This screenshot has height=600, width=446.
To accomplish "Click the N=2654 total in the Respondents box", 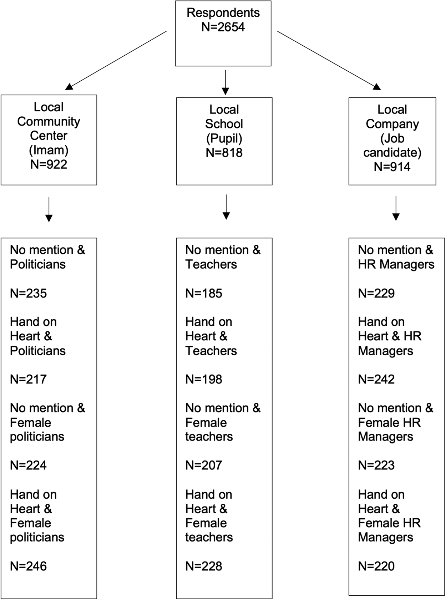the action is [223, 27].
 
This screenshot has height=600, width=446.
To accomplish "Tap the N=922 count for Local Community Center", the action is [49, 164].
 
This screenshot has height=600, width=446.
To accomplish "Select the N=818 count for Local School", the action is [224, 153].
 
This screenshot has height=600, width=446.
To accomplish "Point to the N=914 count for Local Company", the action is [392, 167].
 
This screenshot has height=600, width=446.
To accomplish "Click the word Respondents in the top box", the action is [223, 13].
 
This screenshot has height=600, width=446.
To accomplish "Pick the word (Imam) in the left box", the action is [49, 150].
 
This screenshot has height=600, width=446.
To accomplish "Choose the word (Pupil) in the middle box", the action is [224, 138].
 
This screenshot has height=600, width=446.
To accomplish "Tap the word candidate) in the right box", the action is [392, 153].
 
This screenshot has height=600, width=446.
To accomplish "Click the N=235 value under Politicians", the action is [29, 293].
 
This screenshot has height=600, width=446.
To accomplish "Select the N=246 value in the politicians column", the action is [29, 566].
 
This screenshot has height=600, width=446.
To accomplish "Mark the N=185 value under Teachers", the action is [204, 293].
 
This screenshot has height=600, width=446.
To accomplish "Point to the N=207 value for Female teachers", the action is [204, 465].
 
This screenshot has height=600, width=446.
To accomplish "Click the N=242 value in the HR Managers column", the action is [376, 379].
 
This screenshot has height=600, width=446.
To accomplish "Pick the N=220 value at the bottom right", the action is [376, 566].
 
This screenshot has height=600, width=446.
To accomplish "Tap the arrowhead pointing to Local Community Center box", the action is [69, 87].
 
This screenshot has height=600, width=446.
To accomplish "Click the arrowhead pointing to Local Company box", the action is [377, 87].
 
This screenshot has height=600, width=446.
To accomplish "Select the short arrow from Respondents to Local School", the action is [225, 82].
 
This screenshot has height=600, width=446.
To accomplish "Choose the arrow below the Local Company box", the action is [396, 208].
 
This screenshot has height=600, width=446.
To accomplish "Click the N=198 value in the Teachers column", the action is [204, 379].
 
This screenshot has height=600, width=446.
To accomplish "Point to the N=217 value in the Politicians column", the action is [29, 379].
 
